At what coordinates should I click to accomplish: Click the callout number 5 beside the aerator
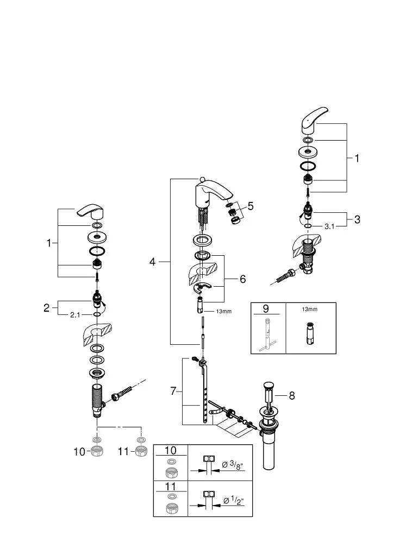pos(250,206)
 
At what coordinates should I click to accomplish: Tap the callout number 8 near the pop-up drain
pos(292,396)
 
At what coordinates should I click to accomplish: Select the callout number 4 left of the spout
pos(153,262)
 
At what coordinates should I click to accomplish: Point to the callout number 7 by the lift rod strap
pos(173,391)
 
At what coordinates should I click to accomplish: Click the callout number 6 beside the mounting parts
pos(242,279)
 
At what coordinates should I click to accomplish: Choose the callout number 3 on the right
pos(357,219)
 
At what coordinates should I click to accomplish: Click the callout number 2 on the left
pos(47,308)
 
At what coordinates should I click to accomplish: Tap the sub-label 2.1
pos(76,314)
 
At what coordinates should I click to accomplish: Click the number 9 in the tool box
pos(266,309)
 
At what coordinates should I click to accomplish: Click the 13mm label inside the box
pos(310,309)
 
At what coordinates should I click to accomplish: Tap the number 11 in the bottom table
pos(171,486)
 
